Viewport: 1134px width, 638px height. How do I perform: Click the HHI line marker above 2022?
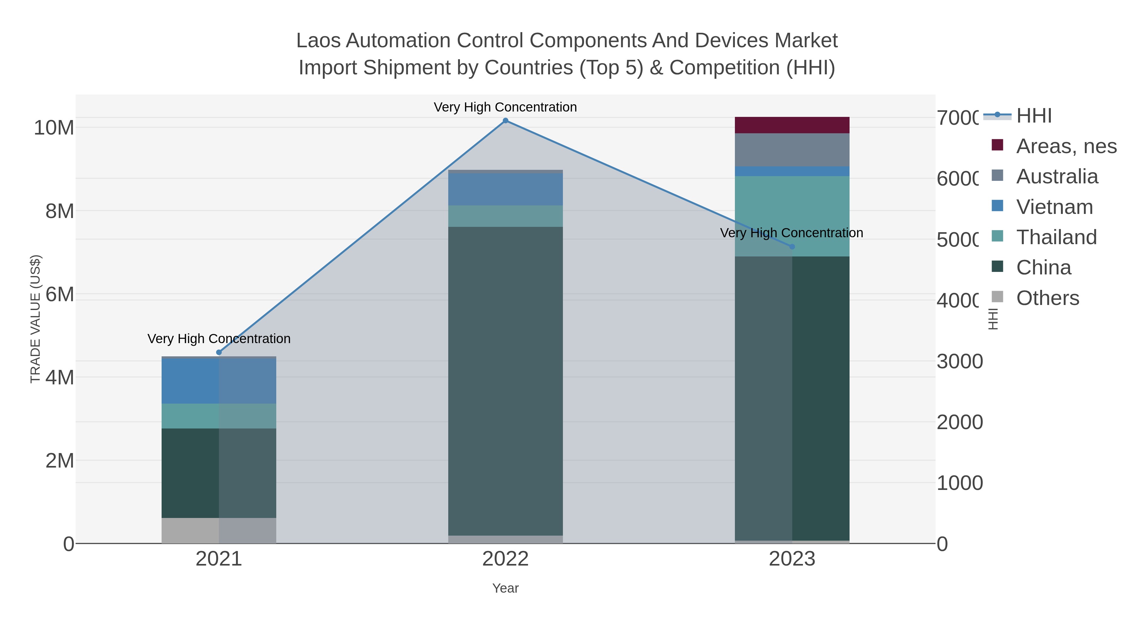[505, 121]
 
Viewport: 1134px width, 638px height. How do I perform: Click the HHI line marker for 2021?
[219, 352]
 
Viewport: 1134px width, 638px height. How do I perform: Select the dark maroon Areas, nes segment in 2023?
[792, 125]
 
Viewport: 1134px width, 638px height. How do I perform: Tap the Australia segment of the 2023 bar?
[792, 150]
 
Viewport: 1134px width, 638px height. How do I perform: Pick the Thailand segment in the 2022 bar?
[505, 216]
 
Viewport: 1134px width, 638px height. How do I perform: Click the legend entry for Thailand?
[1056, 237]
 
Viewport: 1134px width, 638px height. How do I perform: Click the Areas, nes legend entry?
[1066, 146]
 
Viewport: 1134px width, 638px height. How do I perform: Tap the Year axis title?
[505, 588]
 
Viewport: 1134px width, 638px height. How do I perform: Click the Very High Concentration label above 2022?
[505, 107]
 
